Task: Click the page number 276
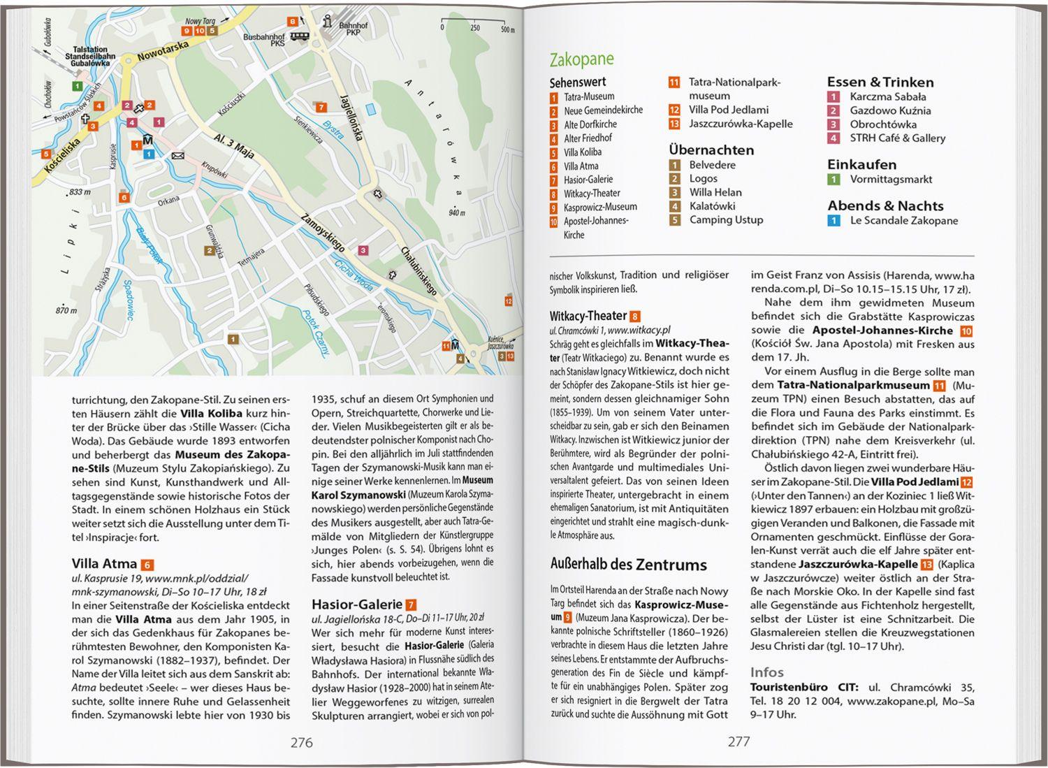(302, 742)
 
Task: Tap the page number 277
(738, 741)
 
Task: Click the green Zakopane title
(581, 59)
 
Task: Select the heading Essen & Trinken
(880, 82)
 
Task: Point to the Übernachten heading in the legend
(711, 150)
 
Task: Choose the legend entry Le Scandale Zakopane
(903, 221)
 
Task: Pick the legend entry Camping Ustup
(726, 219)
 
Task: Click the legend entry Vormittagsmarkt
(891, 180)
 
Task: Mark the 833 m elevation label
(80, 192)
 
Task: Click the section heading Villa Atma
(104, 564)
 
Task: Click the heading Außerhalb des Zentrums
(628, 565)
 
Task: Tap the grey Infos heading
(766, 672)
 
